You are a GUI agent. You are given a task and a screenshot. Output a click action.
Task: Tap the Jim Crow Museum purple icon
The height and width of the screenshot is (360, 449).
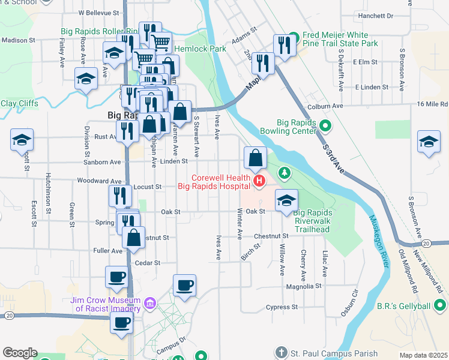click(150, 304)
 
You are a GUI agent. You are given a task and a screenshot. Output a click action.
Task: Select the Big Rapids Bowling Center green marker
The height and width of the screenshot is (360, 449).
click(325, 125)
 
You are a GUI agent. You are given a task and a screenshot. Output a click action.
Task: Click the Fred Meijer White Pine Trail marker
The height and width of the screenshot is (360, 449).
click(293, 35)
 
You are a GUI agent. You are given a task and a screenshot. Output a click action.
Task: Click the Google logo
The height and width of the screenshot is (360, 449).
click(20, 353)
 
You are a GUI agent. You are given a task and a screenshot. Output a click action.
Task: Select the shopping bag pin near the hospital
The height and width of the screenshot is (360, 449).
click(255, 158)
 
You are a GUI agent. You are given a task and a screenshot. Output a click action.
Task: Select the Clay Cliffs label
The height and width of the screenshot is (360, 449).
click(19, 103)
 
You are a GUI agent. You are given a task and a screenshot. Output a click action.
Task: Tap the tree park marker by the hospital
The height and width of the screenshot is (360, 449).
click(285, 175)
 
